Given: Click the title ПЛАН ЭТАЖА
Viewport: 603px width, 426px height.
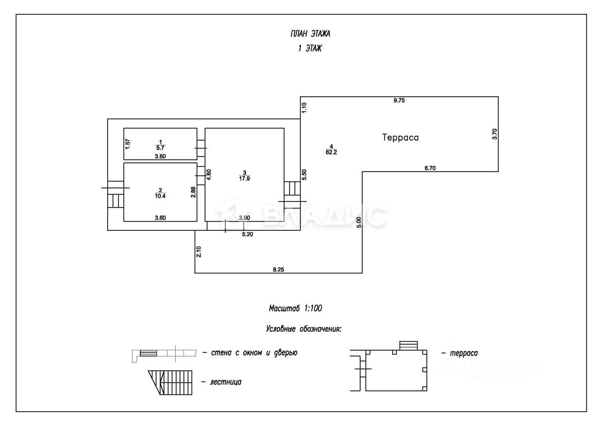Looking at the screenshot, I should click(x=310, y=35).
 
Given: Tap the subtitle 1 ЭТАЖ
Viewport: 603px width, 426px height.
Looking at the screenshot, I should click(x=310, y=48).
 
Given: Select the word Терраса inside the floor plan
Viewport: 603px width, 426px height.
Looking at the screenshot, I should click(x=400, y=138).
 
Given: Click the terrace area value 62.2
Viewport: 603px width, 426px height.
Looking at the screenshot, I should click(x=331, y=152).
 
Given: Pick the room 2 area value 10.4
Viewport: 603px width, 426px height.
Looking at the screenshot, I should click(x=160, y=195).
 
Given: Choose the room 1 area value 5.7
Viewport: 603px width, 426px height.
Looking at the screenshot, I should click(x=160, y=147).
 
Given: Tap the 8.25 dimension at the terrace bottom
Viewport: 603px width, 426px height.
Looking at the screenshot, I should click(x=278, y=269).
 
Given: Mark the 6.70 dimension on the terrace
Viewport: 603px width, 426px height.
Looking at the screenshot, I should click(x=429, y=167).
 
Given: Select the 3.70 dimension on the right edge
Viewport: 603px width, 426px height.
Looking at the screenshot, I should click(x=495, y=134).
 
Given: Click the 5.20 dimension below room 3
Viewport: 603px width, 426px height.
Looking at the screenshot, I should click(x=248, y=234).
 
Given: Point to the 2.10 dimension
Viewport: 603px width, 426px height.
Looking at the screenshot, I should click(x=198, y=252).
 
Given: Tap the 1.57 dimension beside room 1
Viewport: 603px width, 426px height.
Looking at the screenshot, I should click(x=127, y=144).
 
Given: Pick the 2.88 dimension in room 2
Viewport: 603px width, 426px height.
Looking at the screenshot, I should click(x=193, y=192).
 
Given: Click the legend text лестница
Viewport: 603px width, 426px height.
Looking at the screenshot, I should click(x=226, y=382).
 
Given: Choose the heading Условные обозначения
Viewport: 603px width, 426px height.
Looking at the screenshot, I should click(x=304, y=328).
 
